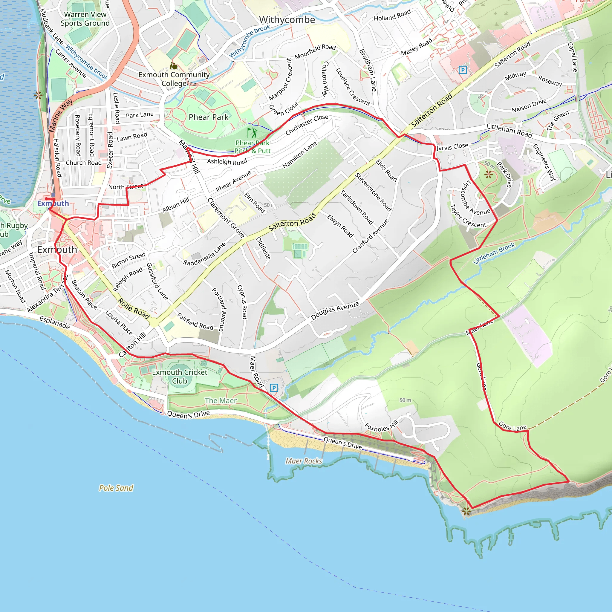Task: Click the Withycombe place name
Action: [x=287, y=20]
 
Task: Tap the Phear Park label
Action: [x=209, y=117]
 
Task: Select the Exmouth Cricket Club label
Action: [x=180, y=377]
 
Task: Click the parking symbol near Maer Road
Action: [x=274, y=388]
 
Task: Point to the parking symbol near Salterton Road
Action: [x=463, y=70]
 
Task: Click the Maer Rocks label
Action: [x=304, y=461]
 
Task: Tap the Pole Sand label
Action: [x=116, y=488]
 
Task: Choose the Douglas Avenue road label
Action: [x=335, y=310]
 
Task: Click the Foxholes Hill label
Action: [x=381, y=426]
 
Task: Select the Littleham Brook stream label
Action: [x=494, y=253]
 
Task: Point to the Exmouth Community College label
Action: [x=174, y=79]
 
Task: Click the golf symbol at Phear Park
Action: [x=252, y=133]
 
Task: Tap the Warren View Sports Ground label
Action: [x=85, y=19]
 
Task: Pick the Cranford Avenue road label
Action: [x=370, y=236]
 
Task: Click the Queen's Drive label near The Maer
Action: [x=188, y=414]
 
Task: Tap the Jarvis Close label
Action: [x=452, y=146]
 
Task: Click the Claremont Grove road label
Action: [x=226, y=218]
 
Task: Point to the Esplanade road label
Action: [x=54, y=322]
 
